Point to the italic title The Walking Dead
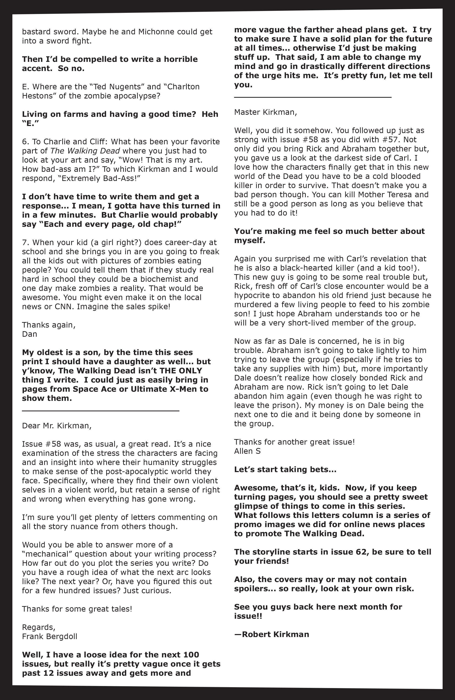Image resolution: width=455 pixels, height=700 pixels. (x=85, y=151)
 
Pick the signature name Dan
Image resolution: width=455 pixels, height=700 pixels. (x=29, y=334)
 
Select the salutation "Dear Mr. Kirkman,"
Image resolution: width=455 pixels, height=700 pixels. (x=57, y=426)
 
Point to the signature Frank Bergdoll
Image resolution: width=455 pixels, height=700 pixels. (x=49, y=637)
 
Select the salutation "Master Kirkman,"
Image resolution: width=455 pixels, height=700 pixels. (x=265, y=112)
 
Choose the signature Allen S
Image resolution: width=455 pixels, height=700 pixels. (x=247, y=451)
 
